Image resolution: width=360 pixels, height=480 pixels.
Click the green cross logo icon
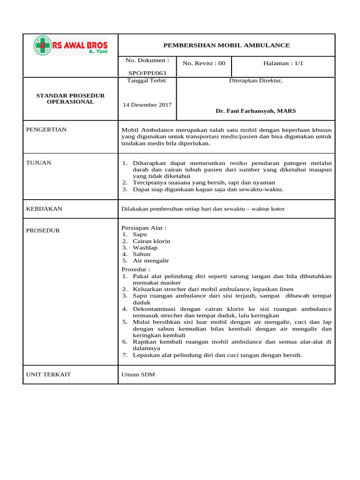pos(42,45)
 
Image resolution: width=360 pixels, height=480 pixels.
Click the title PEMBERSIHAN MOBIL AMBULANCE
pos(226,45)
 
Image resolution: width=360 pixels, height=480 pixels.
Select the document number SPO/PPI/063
pos(147,73)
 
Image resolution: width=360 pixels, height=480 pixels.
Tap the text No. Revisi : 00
pos(204,63)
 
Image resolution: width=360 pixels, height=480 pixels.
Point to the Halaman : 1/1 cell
pos(283,63)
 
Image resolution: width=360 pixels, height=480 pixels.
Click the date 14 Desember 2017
pos(147,105)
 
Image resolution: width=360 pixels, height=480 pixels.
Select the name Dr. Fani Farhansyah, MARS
pos(255,111)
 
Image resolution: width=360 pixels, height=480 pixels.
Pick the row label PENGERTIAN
pos(46,129)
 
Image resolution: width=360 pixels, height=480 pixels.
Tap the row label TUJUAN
pos(39,163)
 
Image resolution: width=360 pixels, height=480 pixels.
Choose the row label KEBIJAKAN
pos(44,209)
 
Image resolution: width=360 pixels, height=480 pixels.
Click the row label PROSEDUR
pos(43,231)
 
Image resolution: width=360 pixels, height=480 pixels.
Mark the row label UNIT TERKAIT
pos(48,375)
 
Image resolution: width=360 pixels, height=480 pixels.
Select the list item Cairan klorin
pos(151,241)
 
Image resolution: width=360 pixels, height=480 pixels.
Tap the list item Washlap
pos(145,247)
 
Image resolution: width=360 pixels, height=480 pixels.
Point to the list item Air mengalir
pos(150,261)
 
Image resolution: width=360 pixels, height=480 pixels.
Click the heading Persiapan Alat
pos(144,228)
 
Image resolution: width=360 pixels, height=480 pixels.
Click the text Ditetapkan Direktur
pos(255,81)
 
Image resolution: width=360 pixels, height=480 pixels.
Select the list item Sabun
pos(142,254)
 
